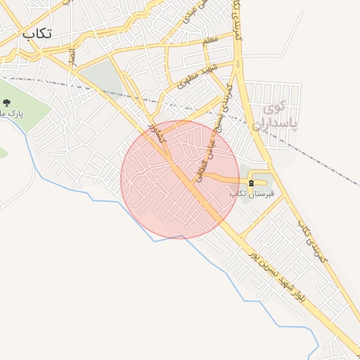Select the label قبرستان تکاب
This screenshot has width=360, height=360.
point(251,193)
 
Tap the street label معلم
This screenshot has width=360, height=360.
point(210,42)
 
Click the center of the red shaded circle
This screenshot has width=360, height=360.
point(180,179)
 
